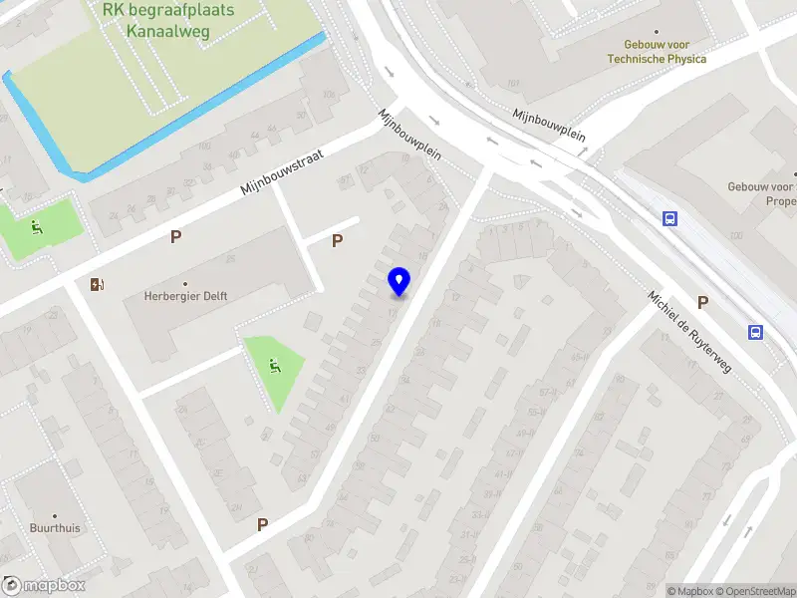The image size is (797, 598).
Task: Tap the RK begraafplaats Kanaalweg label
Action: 167,20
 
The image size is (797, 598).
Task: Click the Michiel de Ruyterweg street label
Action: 689,332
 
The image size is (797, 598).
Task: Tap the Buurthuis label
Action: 55,528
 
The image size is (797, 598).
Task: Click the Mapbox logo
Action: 45,586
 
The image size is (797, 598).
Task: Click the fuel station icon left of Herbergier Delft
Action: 98,285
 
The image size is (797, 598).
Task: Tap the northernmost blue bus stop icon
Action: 669,218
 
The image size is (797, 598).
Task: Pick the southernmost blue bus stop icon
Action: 756,332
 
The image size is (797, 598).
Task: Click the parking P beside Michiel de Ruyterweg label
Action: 703,302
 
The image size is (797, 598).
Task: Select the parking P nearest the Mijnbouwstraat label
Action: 176,236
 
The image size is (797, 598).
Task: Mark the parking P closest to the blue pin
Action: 337,240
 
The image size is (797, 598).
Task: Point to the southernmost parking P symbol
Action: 263,524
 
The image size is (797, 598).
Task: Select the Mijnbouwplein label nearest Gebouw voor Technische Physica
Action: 548,127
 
